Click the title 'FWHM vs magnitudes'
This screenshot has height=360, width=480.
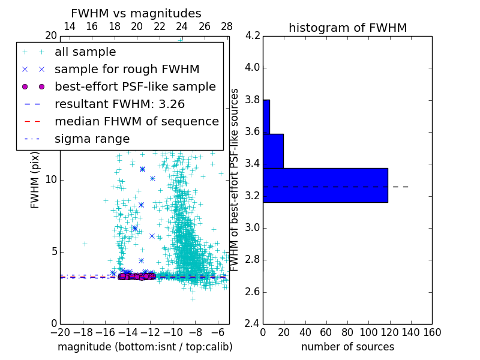coord(136,13)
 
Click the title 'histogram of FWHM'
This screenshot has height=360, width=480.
coord(347,28)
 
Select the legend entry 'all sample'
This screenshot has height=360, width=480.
coord(85,52)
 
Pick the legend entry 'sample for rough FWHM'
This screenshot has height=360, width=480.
coord(127,69)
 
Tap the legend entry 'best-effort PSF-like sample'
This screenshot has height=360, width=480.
coord(135,86)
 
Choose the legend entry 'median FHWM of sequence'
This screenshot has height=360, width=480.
coord(136,121)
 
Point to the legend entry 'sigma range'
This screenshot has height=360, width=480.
coord(92,139)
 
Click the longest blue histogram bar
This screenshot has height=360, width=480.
coord(325,185)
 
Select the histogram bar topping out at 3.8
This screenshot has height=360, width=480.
coord(266,116)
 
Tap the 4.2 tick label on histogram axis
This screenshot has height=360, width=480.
coord(252,35)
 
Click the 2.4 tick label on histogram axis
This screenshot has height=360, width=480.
coord(252,324)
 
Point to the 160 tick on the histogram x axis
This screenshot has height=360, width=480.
coord(432,332)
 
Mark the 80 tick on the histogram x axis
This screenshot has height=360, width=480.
coord(347,332)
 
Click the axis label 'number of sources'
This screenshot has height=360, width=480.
coord(347,347)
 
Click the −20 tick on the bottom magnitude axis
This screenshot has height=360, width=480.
coord(60,332)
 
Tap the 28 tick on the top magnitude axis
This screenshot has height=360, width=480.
coord(227,26)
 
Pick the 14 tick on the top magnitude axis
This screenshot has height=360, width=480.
coord(69,26)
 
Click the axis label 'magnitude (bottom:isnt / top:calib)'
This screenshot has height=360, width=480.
coord(145,347)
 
